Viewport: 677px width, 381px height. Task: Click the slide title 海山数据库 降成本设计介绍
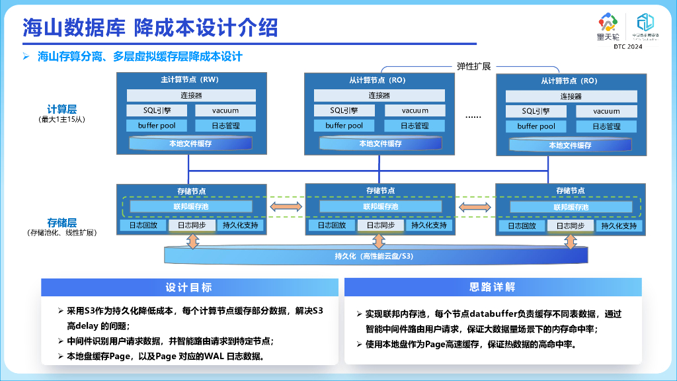pos(150,28)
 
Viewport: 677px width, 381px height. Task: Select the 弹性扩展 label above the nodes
pos(473,66)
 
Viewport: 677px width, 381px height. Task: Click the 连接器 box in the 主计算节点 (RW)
pos(190,95)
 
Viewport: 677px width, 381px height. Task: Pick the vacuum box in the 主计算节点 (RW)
pos(225,110)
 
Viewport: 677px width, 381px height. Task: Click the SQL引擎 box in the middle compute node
pos(344,110)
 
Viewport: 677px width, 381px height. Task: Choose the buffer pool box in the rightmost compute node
pos(536,126)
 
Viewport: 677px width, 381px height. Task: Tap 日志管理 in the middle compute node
pos(415,126)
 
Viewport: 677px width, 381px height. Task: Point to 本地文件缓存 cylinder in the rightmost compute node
pos(570,145)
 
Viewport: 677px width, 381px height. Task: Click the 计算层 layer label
pos(61,109)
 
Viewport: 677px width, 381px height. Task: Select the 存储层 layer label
pos(61,222)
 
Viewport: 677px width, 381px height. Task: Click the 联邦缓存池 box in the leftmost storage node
pos(192,207)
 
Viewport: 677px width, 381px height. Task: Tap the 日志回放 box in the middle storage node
pos(331,226)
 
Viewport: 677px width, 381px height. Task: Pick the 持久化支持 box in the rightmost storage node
pos(619,226)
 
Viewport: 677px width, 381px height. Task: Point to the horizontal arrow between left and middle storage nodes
pos(286,207)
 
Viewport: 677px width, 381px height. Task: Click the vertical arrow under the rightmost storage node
pos(571,241)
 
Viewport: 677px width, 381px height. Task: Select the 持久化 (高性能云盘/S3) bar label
pos(374,255)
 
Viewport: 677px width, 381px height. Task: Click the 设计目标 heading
pos(188,287)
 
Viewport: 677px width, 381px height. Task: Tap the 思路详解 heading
pos(492,287)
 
